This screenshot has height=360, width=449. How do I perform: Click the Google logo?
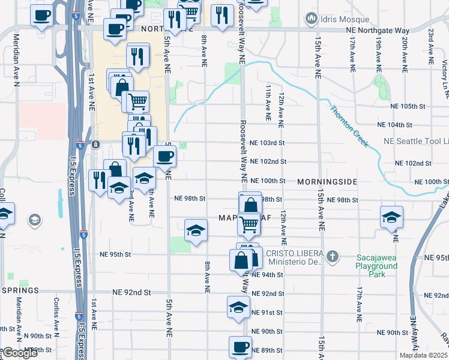coord(20,353)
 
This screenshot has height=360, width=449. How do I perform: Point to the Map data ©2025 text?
coord(424,355)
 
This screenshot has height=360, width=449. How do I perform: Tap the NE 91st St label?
coord(267,313)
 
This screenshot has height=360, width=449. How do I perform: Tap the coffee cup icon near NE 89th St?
coord(241,346)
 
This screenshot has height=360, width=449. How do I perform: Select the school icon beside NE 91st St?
coord(238,307)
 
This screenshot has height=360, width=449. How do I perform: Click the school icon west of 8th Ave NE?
coord(196,230)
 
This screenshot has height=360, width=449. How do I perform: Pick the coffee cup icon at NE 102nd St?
coord(164,156)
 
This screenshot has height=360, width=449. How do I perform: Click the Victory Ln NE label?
coord(444,71)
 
